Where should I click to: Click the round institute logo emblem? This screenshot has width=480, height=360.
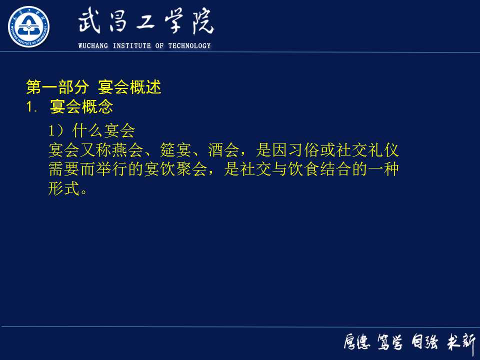(x=28, y=26)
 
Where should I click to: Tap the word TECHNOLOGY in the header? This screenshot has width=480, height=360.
(x=189, y=46)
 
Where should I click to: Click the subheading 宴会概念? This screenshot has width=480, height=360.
(x=81, y=107)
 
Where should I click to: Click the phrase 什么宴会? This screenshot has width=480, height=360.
(x=103, y=131)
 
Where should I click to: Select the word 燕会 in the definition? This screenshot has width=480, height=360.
(x=135, y=150)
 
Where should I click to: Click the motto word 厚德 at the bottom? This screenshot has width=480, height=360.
(x=356, y=342)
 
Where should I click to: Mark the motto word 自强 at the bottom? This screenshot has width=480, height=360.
(x=425, y=342)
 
